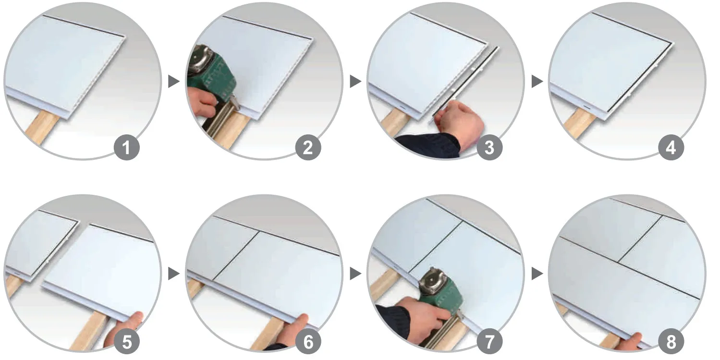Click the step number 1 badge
tap(126, 147)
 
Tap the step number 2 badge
tap(308, 147)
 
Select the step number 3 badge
tap(489, 147)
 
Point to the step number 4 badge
tap(671, 147)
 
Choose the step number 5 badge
tap(126, 341)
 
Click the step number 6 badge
tap(308, 341)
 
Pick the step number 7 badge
tap(489, 341)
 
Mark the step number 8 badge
tap(671, 341)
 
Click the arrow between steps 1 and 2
tap(173, 81)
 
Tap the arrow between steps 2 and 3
tap(355, 81)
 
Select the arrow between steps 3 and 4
tap(537, 81)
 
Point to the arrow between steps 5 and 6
tap(173, 274)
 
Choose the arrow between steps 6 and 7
tap(355, 274)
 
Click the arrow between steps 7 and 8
tap(537, 274)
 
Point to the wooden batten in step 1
tap(42, 127)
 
